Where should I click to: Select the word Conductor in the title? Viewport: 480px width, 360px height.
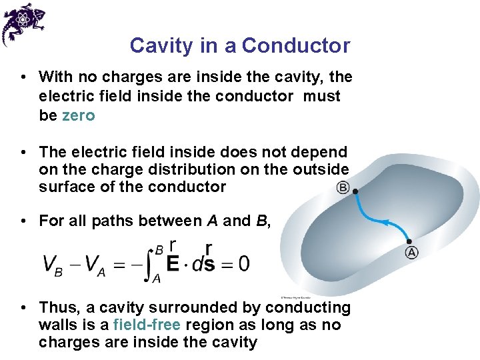pos(296,46)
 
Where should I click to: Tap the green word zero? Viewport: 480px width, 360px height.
pos(78,115)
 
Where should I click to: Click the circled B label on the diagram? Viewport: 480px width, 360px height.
pos(343,187)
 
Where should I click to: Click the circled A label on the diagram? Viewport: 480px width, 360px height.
pos(411,252)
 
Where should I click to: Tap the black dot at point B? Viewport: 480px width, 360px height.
pos(355,192)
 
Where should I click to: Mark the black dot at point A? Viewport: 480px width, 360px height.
pos(409,241)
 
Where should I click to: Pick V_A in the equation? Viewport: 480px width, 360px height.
pos(95,264)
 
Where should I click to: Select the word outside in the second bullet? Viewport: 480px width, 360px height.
pos(321,169)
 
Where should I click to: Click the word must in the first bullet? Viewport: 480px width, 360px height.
pos(322,96)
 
